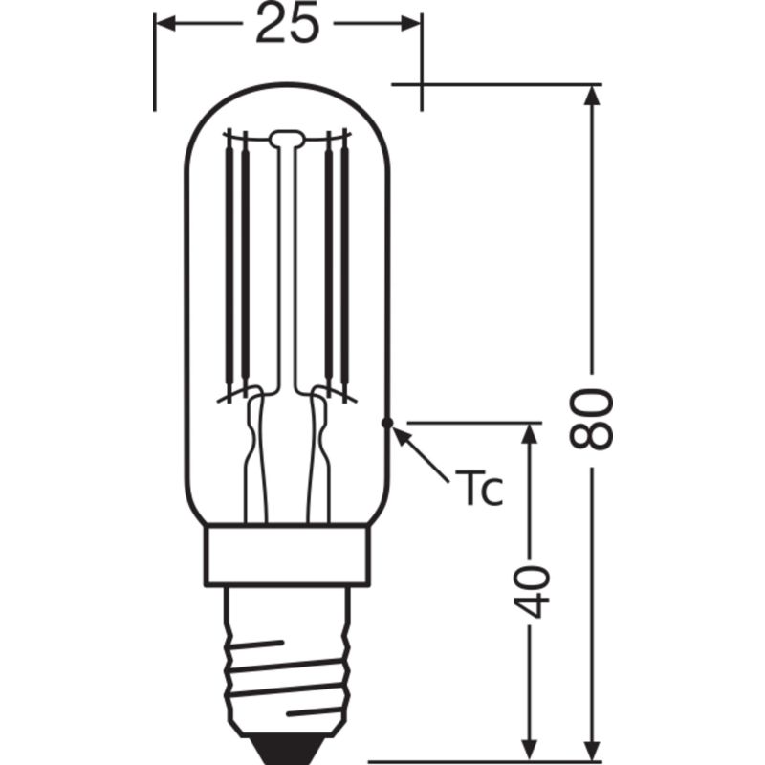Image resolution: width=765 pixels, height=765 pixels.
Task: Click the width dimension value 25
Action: click(288, 23)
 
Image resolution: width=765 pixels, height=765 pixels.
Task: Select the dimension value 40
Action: click(532, 591)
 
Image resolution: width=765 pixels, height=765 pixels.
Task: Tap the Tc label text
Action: click(478, 487)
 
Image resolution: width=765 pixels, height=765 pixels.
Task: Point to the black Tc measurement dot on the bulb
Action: click(387, 423)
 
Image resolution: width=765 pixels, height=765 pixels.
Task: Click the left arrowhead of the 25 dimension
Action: click(164, 23)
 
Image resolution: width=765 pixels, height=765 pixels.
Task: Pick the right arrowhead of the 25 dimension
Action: click(411, 23)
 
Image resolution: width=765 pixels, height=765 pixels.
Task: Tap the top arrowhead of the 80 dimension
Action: click(591, 95)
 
